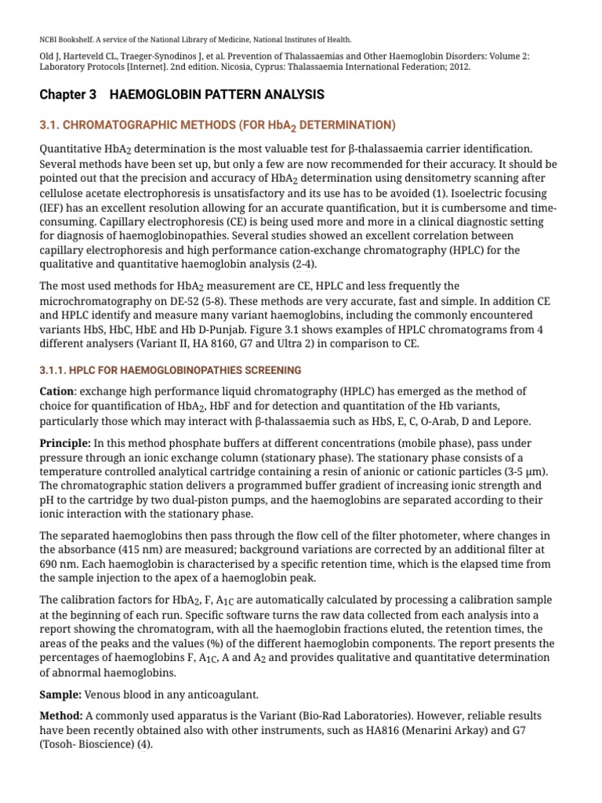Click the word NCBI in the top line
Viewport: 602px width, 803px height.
coord(49,39)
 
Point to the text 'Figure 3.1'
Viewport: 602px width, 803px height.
coord(379,329)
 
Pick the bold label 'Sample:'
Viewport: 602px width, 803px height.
coord(60,696)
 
